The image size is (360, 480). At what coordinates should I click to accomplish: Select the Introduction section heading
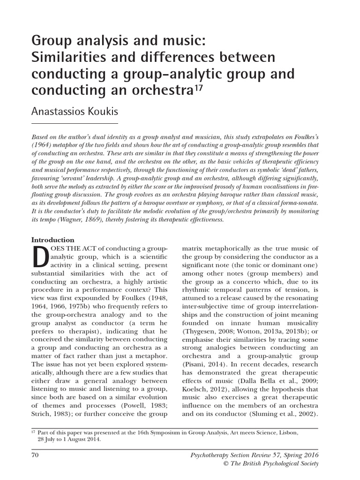52,240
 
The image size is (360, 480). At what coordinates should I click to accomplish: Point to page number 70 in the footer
35,455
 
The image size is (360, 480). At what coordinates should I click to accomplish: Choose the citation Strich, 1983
51,414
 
